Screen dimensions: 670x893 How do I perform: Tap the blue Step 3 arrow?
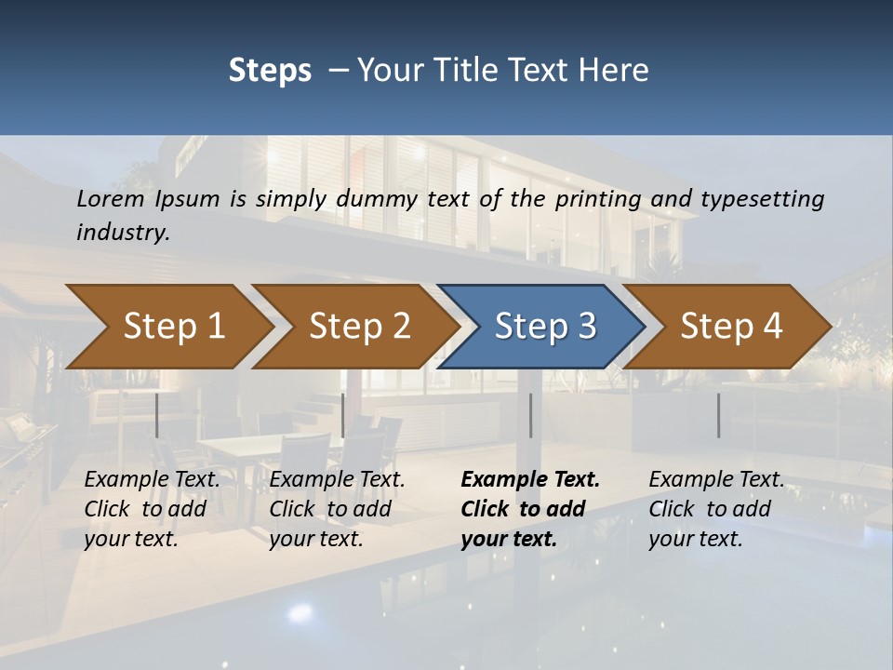click(x=545, y=327)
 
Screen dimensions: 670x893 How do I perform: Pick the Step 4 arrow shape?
click(x=731, y=327)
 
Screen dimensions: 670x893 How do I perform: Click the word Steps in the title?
click(x=270, y=71)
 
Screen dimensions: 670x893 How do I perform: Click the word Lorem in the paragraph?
click(x=110, y=198)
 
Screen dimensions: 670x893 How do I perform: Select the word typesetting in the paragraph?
click(x=762, y=198)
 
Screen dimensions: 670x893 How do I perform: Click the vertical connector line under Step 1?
click(x=157, y=415)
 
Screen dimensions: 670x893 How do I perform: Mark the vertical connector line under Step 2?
click(x=343, y=415)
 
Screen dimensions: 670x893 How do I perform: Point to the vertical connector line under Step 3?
click(x=530, y=415)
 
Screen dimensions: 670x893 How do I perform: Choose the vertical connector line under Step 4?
click(x=718, y=415)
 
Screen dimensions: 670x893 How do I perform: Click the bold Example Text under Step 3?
click(x=530, y=479)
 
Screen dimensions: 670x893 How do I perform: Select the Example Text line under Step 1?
click(x=152, y=479)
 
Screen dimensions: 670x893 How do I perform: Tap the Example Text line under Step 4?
click(x=716, y=479)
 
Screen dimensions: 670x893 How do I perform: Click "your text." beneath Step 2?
click(x=315, y=539)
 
